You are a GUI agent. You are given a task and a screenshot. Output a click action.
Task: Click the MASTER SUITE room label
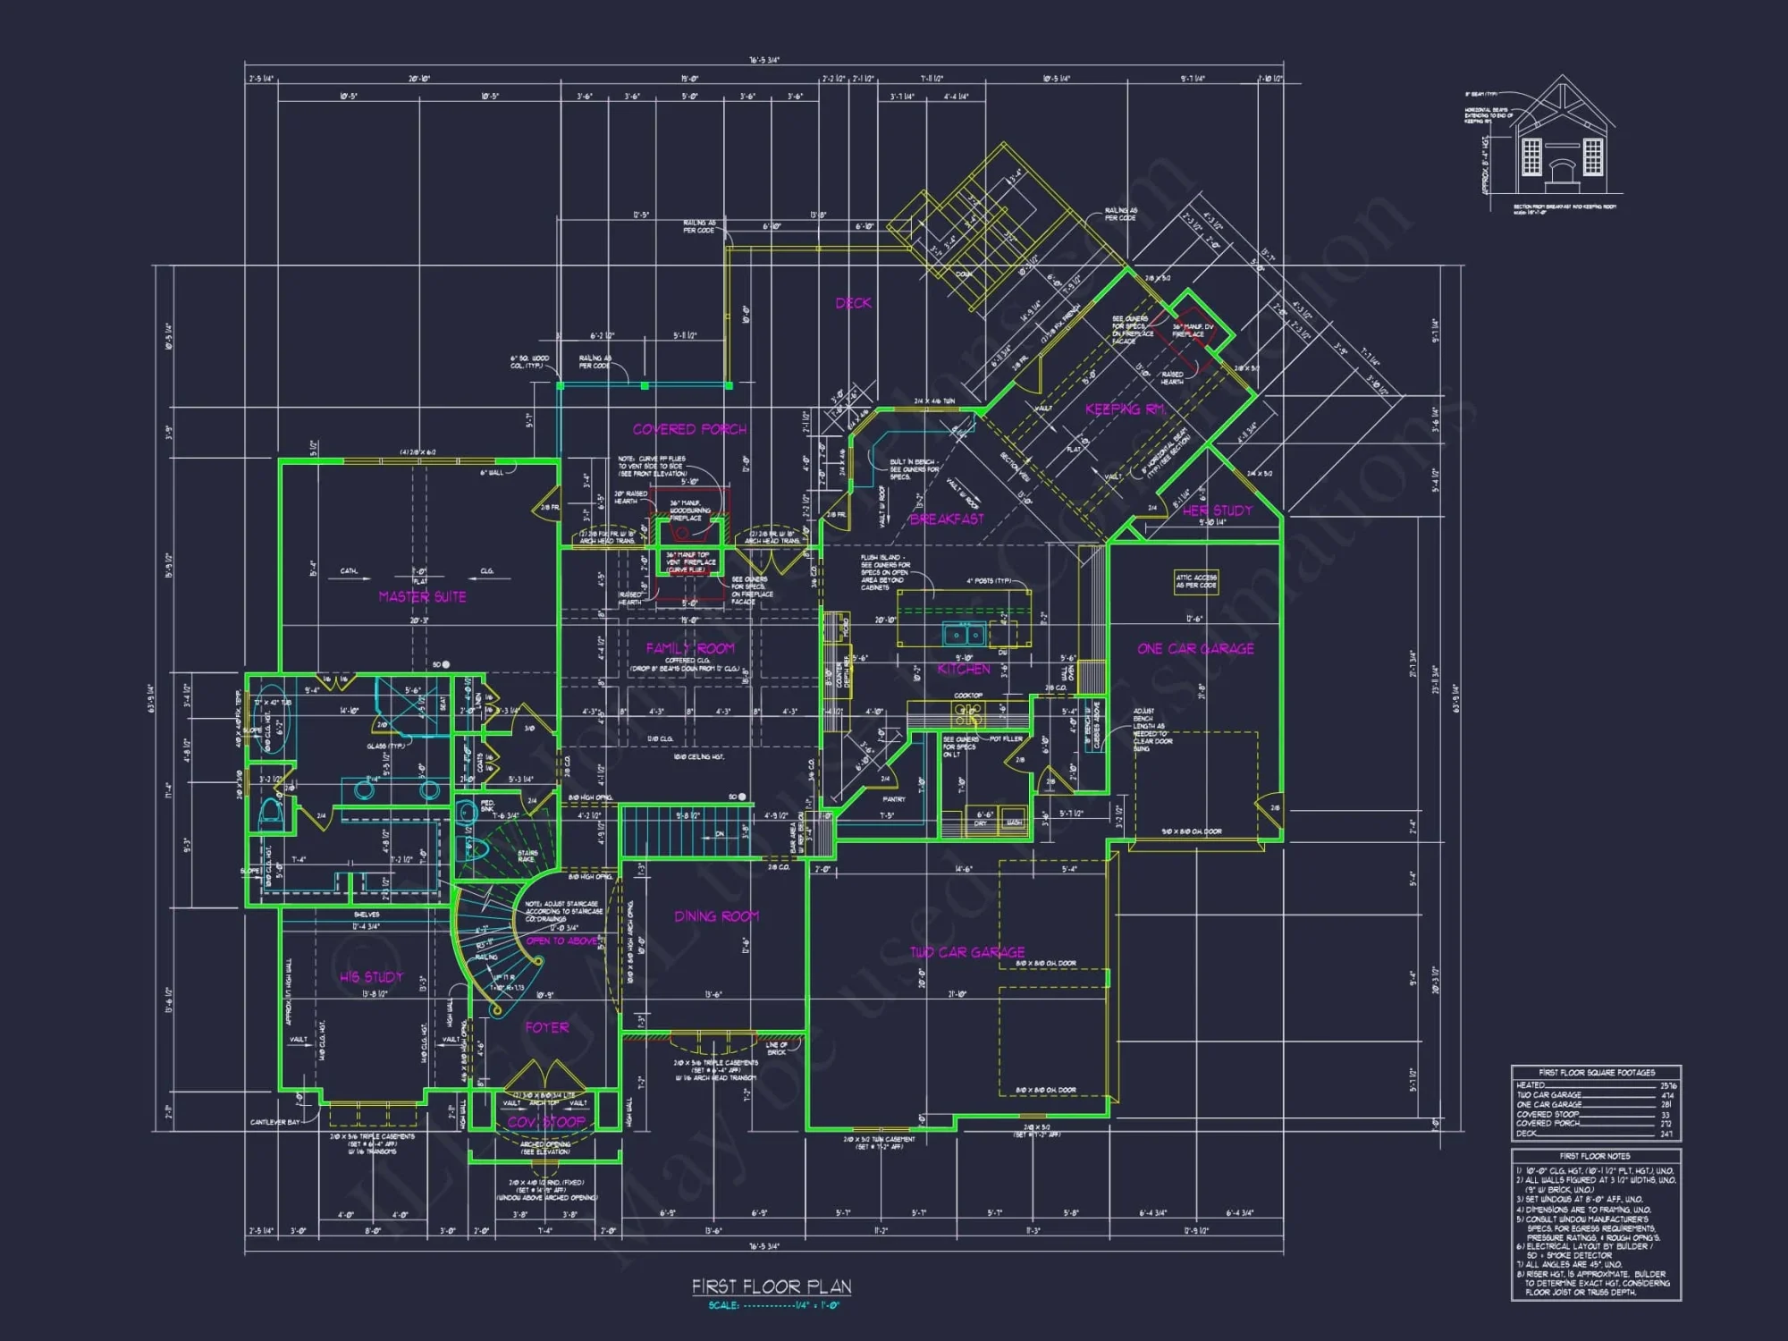pos(422,596)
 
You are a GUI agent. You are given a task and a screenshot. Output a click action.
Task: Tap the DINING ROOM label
pos(716,916)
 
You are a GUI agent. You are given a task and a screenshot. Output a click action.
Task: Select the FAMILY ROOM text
pos(689,648)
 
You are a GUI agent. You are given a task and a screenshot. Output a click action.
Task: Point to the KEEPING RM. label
pos(1126,409)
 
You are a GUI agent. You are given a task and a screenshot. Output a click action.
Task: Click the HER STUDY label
pos(1218,510)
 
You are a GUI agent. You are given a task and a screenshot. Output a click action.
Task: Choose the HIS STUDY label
pos(371,977)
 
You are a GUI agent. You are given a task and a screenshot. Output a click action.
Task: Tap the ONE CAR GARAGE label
pos(1195,649)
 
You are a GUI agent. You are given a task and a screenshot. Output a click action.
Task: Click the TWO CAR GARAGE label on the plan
pos(967,953)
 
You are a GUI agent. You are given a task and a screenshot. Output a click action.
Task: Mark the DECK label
pos(853,303)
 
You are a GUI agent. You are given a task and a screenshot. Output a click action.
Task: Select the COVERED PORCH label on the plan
pos(689,429)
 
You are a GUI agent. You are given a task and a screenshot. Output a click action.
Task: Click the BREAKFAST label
pos(947,519)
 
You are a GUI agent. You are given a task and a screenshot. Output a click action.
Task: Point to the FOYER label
pos(546,1028)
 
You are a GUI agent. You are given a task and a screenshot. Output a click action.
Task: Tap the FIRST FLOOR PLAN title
pos(771,1286)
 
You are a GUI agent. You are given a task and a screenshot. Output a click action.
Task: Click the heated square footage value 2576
pos(1668,1085)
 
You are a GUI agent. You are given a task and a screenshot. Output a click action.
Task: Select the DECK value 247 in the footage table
pos(1666,1134)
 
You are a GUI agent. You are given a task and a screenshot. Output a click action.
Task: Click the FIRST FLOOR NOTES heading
pos(1595,1156)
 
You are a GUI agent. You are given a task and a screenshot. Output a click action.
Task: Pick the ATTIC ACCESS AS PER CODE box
pos(1195,582)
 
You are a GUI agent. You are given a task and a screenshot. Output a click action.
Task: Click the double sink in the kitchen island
pos(964,635)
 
